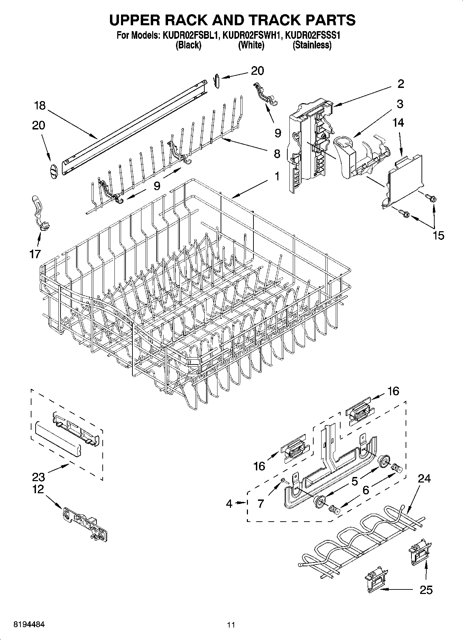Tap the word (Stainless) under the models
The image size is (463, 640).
pyautogui.click(x=312, y=45)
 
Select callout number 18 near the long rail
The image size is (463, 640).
pyautogui.click(x=40, y=106)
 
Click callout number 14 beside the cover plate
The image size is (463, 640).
pyautogui.click(x=398, y=123)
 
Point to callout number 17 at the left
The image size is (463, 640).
pyautogui.click(x=35, y=254)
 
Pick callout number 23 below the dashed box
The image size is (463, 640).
pyautogui.click(x=38, y=477)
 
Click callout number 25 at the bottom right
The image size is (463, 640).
pyautogui.click(x=426, y=589)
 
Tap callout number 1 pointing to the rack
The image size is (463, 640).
pyautogui.click(x=277, y=177)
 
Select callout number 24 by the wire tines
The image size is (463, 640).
pyautogui.click(x=424, y=479)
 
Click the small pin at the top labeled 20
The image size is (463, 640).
pyautogui.click(x=217, y=81)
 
